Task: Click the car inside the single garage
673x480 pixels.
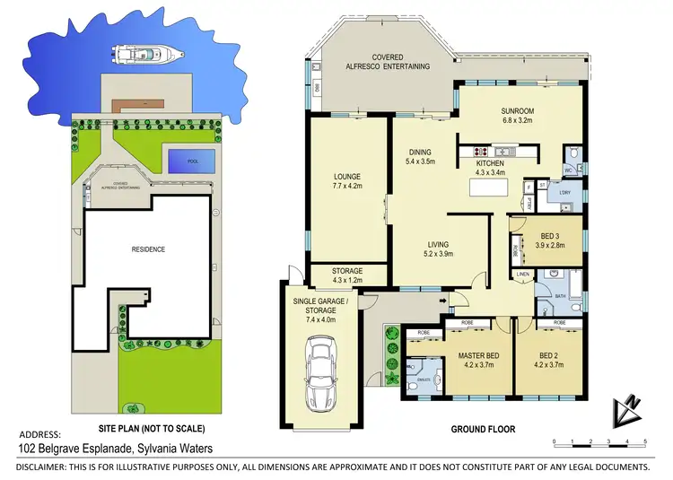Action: [x=320, y=371]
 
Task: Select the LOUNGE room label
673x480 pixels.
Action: [x=346, y=178]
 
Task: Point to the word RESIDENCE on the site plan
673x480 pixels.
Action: [x=149, y=249]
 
